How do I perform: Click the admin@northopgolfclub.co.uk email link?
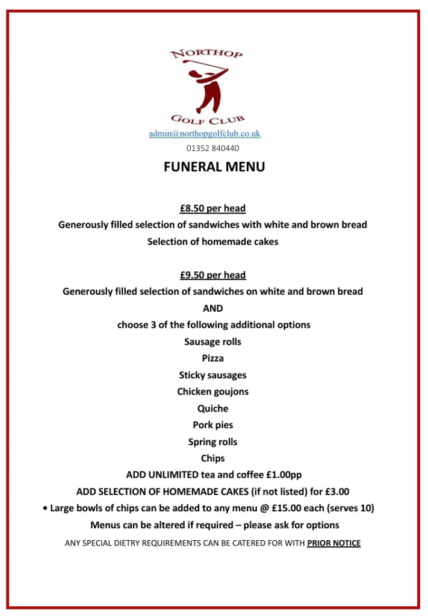[205, 134]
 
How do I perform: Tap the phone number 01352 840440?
[212, 148]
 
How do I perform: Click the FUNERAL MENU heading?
[214, 167]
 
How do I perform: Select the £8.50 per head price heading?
[212, 209]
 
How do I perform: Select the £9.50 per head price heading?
[212, 275]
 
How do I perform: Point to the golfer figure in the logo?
[206, 84]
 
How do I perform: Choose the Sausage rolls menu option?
[212, 342]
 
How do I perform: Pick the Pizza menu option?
[212, 358]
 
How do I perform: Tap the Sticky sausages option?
[212, 375]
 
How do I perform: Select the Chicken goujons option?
[212, 392]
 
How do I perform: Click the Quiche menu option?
[212, 408]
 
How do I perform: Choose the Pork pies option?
[212, 425]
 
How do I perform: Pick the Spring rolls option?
[212, 442]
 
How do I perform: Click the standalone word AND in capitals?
[212, 308]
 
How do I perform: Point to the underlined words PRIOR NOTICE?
[333, 543]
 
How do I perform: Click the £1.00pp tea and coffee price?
[284, 475]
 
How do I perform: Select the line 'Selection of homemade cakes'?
[212, 242]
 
